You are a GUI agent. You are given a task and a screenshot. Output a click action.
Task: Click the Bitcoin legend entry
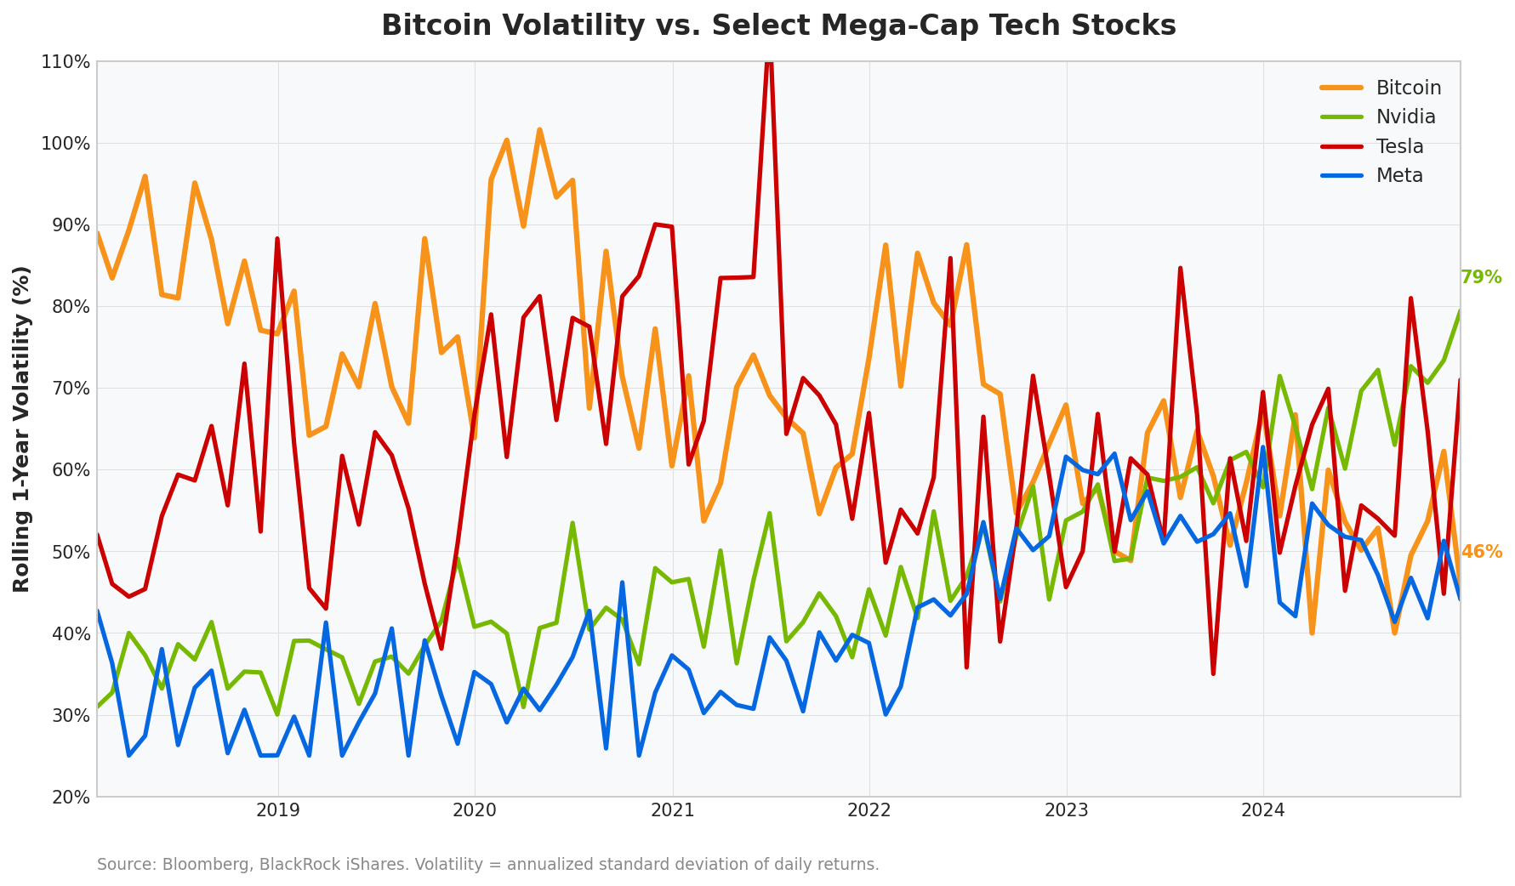point(1408,88)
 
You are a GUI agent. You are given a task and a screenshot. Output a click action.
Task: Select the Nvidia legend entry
point(1405,117)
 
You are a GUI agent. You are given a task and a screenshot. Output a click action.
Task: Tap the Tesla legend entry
point(1399,146)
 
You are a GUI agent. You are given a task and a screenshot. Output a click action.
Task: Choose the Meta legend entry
point(1399,176)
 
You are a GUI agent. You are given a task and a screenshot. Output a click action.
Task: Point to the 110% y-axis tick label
point(65,62)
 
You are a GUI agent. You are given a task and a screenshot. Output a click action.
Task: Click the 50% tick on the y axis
point(69,552)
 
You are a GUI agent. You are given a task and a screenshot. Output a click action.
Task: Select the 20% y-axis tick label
point(69,797)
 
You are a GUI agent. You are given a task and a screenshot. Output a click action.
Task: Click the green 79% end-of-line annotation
point(1481,277)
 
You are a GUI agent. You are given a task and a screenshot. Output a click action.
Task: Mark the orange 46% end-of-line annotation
point(1481,552)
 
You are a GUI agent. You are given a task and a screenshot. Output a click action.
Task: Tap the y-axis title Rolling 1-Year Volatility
point(22,429)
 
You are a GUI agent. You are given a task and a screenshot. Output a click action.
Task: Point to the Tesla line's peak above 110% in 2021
point(769,62)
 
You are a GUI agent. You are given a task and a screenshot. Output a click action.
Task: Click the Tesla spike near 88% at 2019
point(277,240)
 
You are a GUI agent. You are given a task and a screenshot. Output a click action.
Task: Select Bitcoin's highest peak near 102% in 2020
point(539,130)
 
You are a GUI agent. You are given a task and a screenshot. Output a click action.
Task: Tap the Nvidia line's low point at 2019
point(277,713)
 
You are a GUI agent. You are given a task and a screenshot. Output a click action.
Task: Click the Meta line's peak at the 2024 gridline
point(1262,447)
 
